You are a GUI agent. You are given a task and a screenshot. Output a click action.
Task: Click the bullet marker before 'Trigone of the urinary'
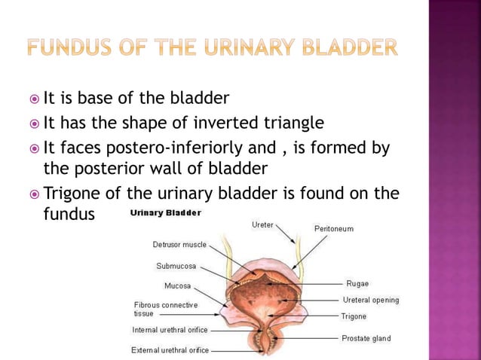click(35, 194)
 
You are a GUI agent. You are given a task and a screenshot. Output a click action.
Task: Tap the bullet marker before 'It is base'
click(35, 99)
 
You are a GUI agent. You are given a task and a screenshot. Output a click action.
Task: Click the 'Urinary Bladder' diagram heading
click(165, 213)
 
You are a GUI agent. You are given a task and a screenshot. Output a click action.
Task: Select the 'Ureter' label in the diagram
click(263, 224)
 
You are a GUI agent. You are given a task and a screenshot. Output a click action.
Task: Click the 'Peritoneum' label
click(333, 228)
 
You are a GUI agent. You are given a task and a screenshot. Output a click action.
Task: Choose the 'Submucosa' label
click(178, 266)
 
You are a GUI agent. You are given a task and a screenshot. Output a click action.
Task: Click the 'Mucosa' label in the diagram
click(177, 286)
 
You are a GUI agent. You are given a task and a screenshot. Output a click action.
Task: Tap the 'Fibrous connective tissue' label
click(164, 309)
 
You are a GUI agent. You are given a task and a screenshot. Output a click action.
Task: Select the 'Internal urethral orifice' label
click(170, 330)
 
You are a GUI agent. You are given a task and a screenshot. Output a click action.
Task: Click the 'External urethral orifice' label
click(170, 350)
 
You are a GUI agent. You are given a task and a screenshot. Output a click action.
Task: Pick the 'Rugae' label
click(357, 284)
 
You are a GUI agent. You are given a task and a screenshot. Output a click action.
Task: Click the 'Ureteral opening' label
click(372, 300)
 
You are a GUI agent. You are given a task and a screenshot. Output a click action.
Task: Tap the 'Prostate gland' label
click(366, 338)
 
